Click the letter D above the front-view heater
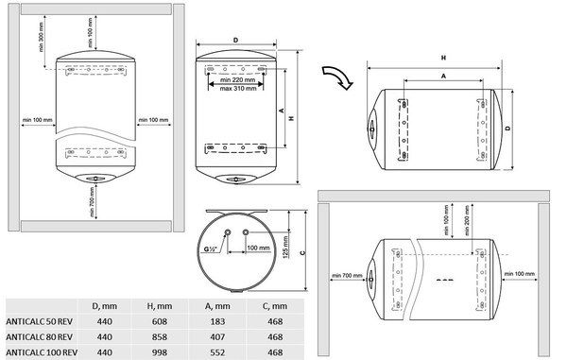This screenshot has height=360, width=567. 235,40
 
